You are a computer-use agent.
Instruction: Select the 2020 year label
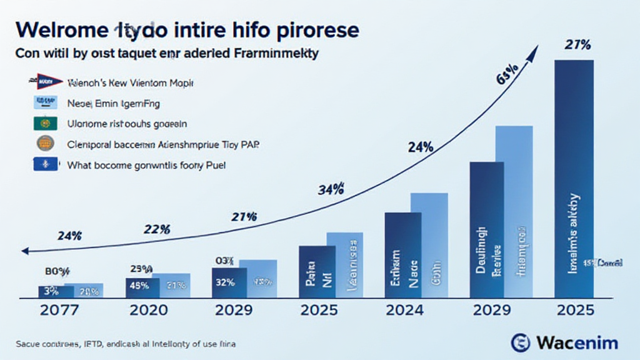pos(147,311)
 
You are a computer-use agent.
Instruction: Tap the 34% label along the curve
pos(331,190)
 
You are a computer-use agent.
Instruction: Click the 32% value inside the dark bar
pos(224,281)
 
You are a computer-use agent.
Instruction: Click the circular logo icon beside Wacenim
pos(521,342)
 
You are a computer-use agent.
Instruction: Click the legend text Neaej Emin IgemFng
pos(113,102)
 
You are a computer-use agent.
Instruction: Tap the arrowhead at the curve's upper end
pos(532,54)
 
